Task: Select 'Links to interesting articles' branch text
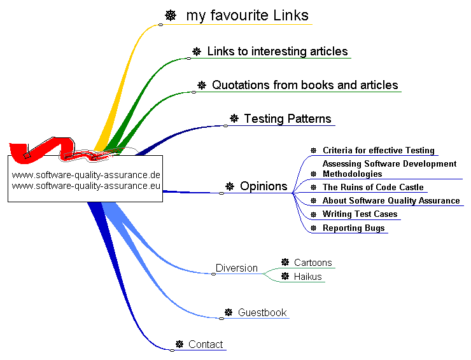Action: [278, 52]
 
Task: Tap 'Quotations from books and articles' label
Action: [305, 85]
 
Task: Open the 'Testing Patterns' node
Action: [288, 118]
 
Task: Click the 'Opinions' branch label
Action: [264, 186]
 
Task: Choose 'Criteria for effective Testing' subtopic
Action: [378, 151]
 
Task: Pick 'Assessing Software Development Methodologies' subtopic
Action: [389, 169]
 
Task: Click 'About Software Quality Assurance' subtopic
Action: [391, 200]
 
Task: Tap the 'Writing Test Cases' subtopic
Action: [360, 214]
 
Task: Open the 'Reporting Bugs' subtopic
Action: [353, 228]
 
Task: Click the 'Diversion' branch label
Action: [237, 268]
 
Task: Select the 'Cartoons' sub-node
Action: [313, 263]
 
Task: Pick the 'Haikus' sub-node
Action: [307, 277]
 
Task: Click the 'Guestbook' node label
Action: [262, 312]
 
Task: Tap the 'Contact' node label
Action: [206, 344]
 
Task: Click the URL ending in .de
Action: [86, 175]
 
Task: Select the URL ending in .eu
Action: [86, 186]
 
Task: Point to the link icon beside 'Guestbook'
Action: [228, 312]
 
